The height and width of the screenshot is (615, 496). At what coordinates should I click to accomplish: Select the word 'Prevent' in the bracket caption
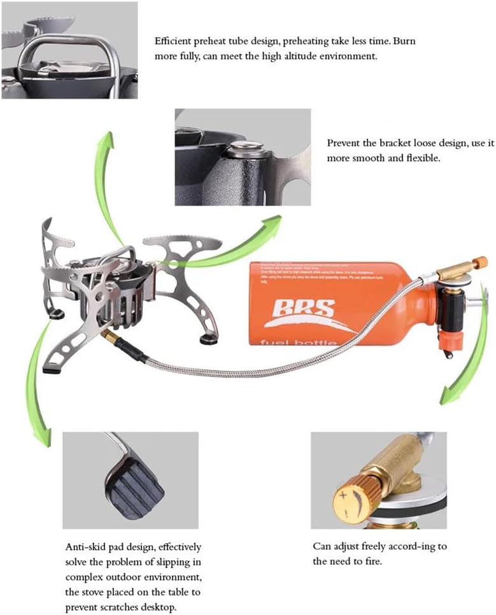click(344, 143)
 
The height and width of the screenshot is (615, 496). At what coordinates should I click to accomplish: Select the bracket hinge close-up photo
click(243, 157)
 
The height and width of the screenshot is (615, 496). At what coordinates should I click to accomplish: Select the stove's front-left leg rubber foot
click(50, 367)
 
